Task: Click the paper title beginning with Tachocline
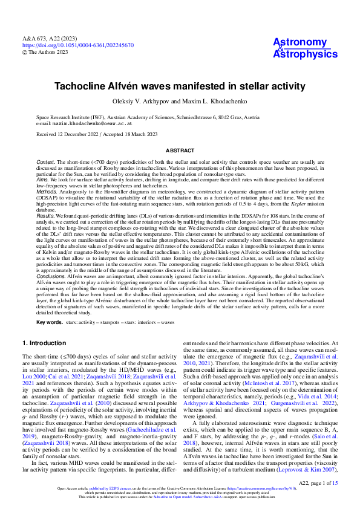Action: coord(180,86)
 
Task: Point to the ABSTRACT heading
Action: coord(180,149)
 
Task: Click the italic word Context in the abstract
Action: coord(46,163)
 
